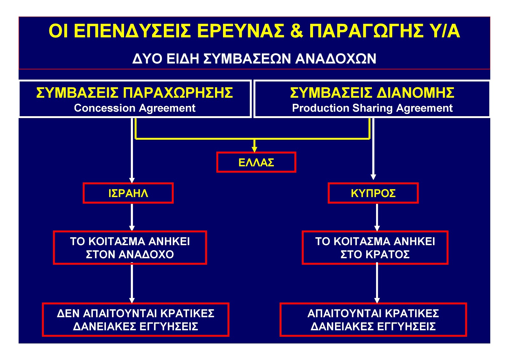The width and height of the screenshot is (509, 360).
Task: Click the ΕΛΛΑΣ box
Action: click(x=256, y=162)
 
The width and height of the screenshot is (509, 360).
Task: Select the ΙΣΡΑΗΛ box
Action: click(x=128, y=193)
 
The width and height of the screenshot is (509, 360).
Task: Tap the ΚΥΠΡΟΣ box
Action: click(x=373, y=193)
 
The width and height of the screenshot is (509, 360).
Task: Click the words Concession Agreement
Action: click(x=135, y=108)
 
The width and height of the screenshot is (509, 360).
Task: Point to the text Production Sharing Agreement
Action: click(x=372, y=108)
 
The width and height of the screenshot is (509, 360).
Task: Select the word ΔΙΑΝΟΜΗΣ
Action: click(x=415, y=93)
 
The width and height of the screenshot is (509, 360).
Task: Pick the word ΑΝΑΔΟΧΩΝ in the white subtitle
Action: click(x=336, y=59)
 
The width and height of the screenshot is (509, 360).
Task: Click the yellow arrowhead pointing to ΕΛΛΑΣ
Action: click(x=254, y=149)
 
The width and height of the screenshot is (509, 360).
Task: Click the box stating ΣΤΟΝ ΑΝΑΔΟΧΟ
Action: click(x=130, y=248)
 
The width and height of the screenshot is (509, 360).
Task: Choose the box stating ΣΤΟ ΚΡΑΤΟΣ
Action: click(x=375, y=248)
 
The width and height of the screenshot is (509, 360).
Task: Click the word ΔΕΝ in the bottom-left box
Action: click(x=68, y=314)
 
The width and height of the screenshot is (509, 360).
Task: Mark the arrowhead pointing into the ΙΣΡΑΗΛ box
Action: click(x=132, y=180)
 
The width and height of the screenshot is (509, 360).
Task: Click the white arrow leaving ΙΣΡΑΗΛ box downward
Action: click(x=132, y=217)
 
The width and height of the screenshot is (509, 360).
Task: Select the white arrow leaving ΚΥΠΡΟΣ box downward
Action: click(x=377, y=217)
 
